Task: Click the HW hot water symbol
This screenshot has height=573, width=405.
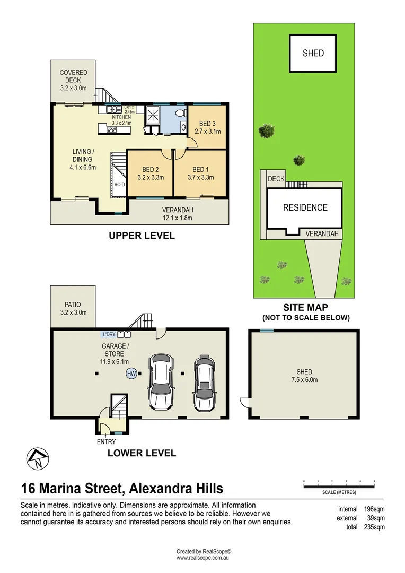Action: pos(131,374)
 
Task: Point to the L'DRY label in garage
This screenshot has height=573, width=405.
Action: pos(110,334)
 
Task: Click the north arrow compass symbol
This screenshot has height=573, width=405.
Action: pos(36,458)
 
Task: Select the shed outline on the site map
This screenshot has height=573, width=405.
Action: pos(313,53)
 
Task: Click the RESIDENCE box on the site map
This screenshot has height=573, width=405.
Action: pos(305,208)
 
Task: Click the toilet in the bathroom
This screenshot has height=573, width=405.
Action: pos(181,114)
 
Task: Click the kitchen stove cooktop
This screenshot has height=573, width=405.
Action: pos(112,129)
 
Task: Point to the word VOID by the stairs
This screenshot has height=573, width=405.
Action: pos(119,184)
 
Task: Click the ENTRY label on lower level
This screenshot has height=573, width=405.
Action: pos(106,441)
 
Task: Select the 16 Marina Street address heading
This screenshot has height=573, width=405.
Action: pos(122,488)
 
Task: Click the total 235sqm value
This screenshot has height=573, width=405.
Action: pos(374,527)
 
